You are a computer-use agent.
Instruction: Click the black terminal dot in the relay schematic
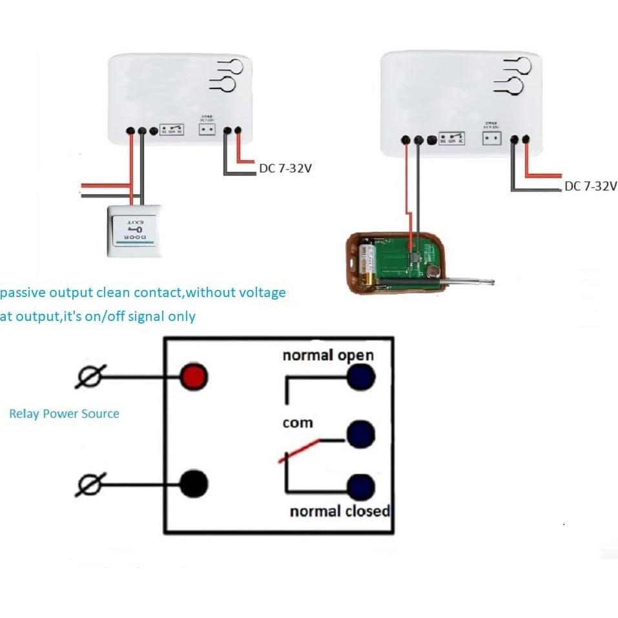(193, 482)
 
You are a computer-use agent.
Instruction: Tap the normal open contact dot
(360, 378)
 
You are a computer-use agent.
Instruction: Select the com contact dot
(361, 434)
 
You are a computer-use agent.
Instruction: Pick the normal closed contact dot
(361, 487)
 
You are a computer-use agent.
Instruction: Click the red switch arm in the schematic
(299, 451)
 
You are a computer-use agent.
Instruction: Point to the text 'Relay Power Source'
(64, 414)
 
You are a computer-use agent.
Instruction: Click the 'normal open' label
(328, 355)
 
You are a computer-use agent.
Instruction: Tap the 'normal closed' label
(340, 511)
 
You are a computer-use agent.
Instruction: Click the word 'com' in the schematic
(298, 423)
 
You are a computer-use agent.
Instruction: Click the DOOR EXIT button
(134, 231)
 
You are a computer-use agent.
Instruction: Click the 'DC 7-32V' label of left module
(285, 169)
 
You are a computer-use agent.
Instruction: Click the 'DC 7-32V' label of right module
(590, 186)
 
